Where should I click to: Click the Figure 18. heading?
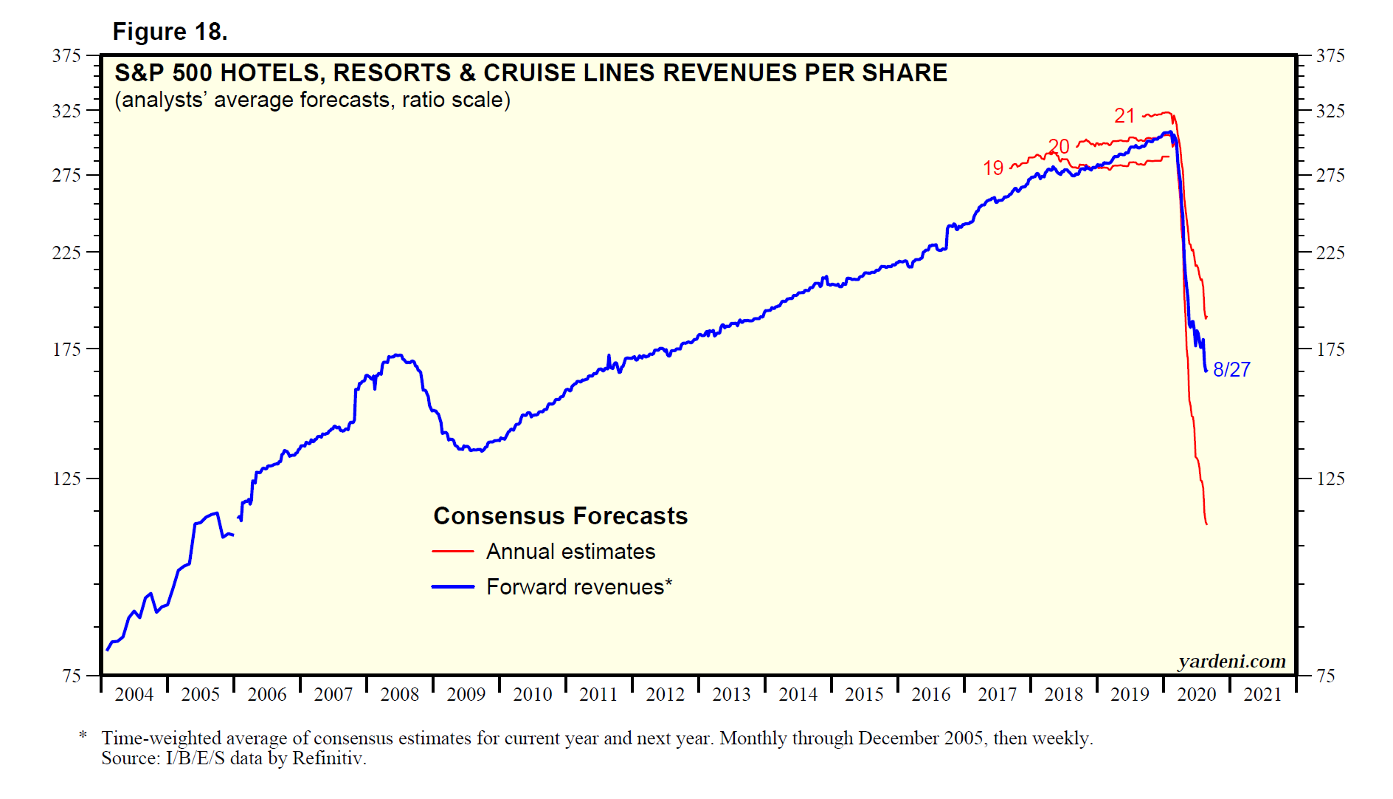(x=170, y=32)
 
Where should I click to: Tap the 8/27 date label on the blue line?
(x=1231, y=369)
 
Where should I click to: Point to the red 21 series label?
(x=1124, y=116)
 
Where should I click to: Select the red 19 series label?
(x=993, y=168)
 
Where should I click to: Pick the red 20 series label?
(x=1059, y=146)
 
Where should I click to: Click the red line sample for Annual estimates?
(x=452, y=552)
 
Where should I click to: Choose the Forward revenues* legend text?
(x=579, y=587)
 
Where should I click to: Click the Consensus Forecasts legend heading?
(x=560, y=516)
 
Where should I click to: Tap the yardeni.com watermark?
(x=1231, y=662)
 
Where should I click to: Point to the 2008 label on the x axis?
(x=399, y=695)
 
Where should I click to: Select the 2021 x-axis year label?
(x=1262, y=695)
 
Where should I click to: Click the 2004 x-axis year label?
(x=134, y=695)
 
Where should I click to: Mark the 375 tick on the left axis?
(x=66, y=56)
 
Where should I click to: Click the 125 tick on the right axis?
(x=1330, y=479)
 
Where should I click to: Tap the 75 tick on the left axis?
(x=72, y=676)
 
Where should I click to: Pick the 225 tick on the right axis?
(x=1330, y=253)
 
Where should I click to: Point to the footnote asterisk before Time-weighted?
(x=83, y=735)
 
